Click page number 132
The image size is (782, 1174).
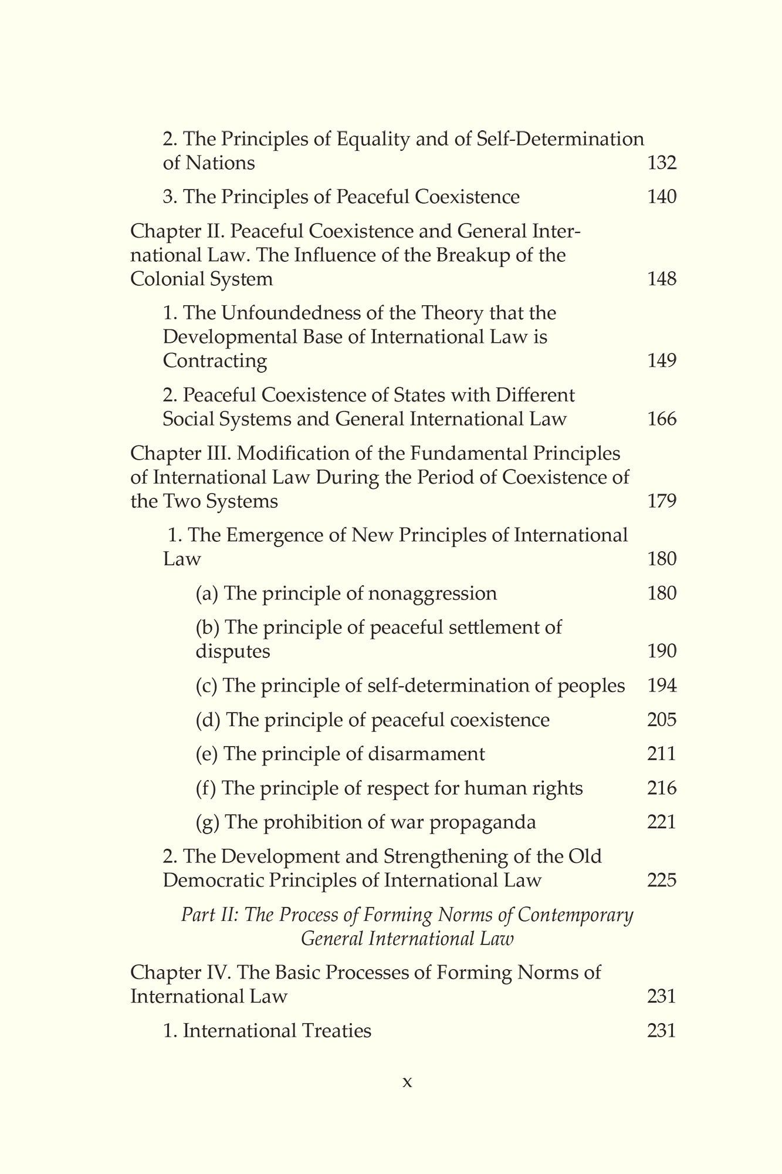pos(662,163)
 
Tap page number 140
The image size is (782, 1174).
pos(662,197)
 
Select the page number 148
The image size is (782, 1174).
pos(662,279)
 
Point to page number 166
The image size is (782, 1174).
pos(662,419)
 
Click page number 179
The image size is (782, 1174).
pos(662,501)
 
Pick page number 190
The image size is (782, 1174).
pos(662,651)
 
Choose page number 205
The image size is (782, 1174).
pos(662,720)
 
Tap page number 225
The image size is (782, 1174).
pos(662,880)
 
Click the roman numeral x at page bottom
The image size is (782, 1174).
pos(408,1082)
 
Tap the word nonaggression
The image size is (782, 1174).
pos(433,593)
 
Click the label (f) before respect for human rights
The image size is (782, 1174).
pos(206,788)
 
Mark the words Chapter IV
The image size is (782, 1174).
pos(180,973)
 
